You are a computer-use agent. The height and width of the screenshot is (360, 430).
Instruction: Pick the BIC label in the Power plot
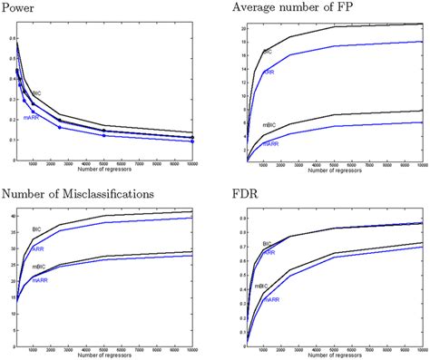tap(36, 92)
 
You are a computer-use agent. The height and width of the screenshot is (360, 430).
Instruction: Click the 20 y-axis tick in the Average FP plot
tap(239, 28)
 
